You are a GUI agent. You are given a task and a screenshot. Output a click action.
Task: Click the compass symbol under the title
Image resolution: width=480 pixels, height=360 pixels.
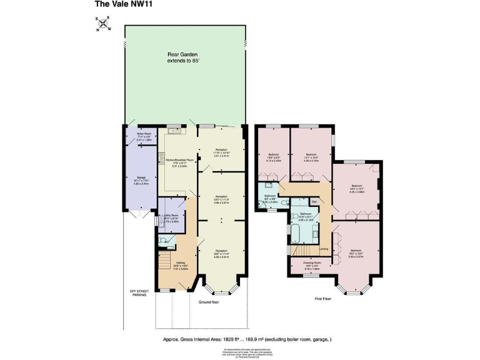103,24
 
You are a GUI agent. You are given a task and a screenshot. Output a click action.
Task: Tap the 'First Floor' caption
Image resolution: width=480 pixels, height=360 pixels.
323,299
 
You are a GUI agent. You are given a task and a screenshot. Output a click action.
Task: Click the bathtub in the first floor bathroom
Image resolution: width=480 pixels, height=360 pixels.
296,234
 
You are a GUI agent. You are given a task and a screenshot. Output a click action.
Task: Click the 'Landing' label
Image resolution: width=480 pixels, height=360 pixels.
324,249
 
